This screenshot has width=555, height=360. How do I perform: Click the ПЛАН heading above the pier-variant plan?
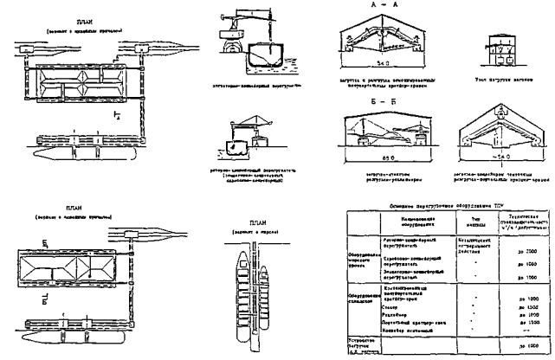241,223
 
